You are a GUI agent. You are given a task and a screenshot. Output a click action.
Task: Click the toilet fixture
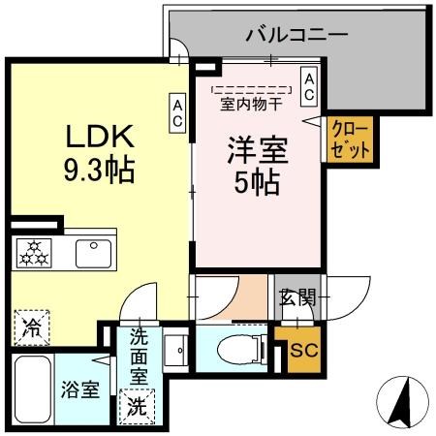236,349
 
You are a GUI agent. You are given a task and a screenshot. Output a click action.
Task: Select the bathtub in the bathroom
33,389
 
